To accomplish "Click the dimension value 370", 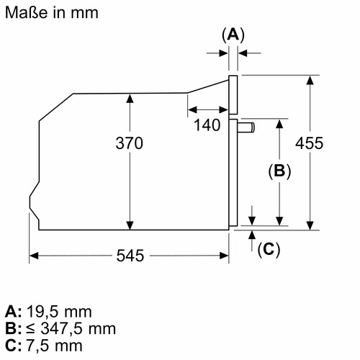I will pyautogui.click(x=130, y=143).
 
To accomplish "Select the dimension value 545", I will pyautogui.click(x=130, y=256).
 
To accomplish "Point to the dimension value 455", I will pyautogui.click(x=310, y=143).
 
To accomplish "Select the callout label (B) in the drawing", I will pyautogui.click(x=279, y=171).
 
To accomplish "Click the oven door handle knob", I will pyautogui.click(x=246, y=127).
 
